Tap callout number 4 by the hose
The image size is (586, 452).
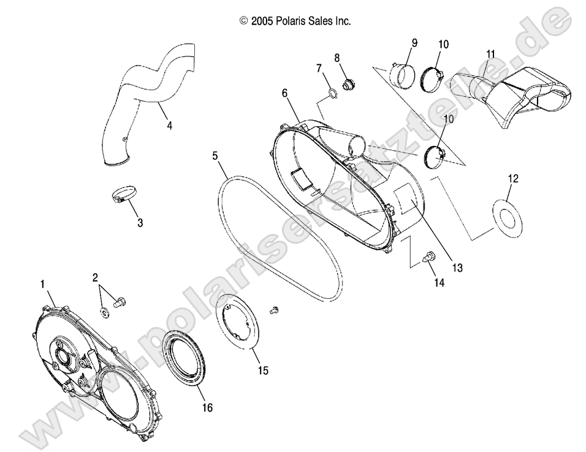tap(169, 126)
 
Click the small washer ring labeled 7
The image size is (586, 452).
tap(332, 93)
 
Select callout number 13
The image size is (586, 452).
tap(457, 268)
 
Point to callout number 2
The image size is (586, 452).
tap(95, 277)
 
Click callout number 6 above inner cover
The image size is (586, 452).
tap(285, 93)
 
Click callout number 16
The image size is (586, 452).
tap(207, 408)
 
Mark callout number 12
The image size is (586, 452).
tap(513, 178)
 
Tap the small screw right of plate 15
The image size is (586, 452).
tap(274, 311)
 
